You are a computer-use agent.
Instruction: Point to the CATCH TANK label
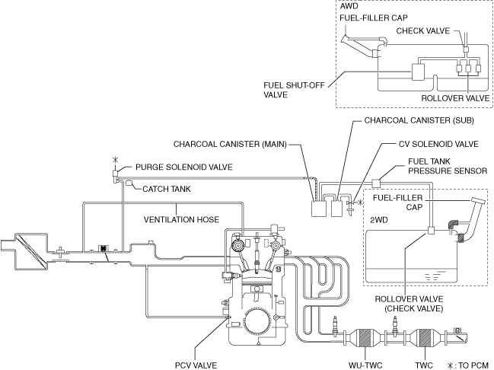tap(167, 188)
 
